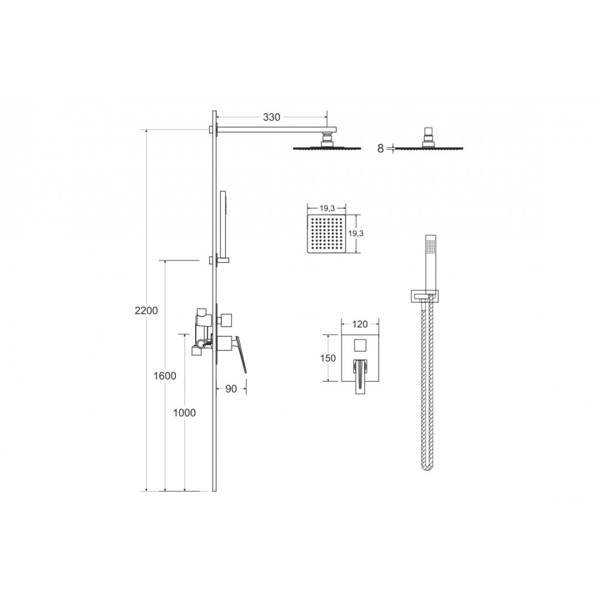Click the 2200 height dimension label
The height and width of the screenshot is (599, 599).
click(x=146, y=310)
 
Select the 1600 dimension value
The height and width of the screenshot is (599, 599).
click(x=165, y=376)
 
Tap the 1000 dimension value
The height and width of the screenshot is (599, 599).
click(x=184, y=413)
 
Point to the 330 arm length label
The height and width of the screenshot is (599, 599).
click(x=271, y=117)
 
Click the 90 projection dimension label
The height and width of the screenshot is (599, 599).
click(x=231, y=389)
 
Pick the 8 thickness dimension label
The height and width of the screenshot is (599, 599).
click(x=380, y=149)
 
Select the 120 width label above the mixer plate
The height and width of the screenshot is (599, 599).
click(x=360, y=324)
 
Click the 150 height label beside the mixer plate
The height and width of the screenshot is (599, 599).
click(x=328, y=358)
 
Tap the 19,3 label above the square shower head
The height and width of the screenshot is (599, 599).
click(x=327, y=208)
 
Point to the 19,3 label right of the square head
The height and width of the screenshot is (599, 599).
click(x=356, y=234)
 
